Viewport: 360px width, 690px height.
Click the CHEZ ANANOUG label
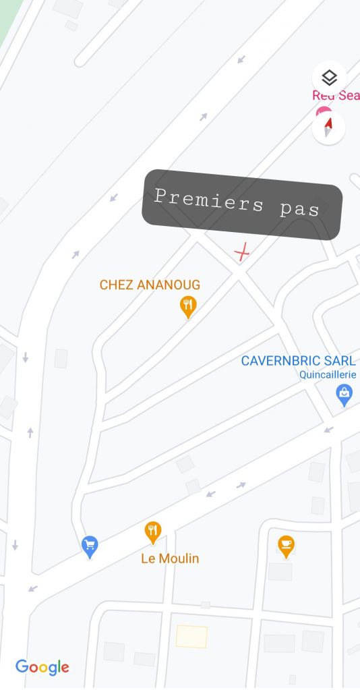[150, 285]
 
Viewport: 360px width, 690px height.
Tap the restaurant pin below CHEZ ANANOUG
[188, 306]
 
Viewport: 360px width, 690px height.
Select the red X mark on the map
[241, 253]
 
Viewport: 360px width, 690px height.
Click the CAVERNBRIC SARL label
[298, 361]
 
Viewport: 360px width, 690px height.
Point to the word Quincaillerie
[328, 375]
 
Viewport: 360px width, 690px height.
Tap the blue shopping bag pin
[344, 394]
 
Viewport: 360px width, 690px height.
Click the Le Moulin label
[170, 558]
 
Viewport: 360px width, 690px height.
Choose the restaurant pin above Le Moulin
[154, 531]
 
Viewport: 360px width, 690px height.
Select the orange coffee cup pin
[287, 544]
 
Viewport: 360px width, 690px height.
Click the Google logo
[42, 667]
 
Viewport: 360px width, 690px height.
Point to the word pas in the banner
[299, 208]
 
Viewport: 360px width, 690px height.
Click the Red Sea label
[336, 96]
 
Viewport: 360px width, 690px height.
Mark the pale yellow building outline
[191, 636]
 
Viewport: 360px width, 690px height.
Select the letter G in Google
[22, 667]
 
